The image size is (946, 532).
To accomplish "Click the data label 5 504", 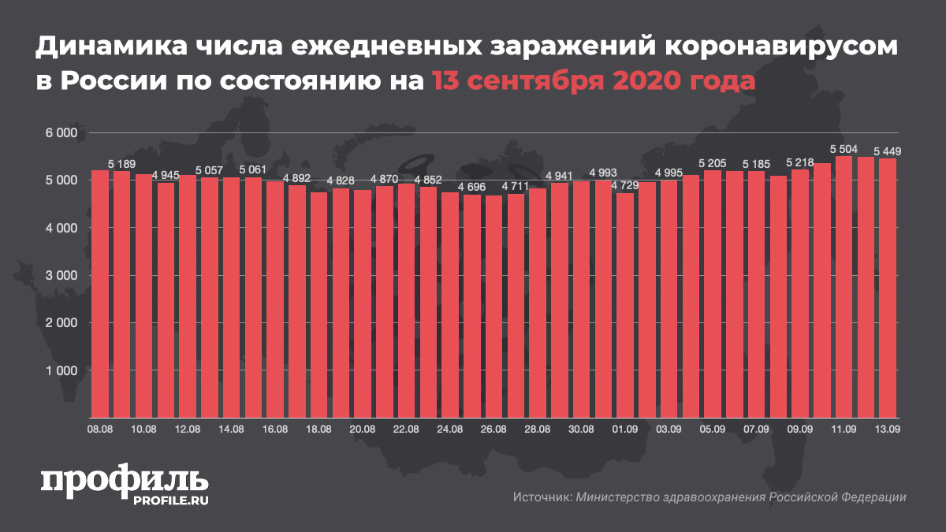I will point(844,148).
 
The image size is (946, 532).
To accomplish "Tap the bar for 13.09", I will point(888,288).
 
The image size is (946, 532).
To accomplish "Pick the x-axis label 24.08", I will point(449,430).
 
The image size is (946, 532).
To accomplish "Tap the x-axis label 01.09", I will point(624,430).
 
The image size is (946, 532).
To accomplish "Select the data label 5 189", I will point(121,163).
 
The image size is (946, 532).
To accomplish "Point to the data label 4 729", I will point(624,185).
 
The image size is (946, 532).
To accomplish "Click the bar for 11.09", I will point(844,287).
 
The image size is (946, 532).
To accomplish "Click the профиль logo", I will point(125,480).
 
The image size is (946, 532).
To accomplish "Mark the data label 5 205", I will point(713,162).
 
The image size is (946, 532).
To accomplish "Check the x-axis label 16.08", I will point(274,430).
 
